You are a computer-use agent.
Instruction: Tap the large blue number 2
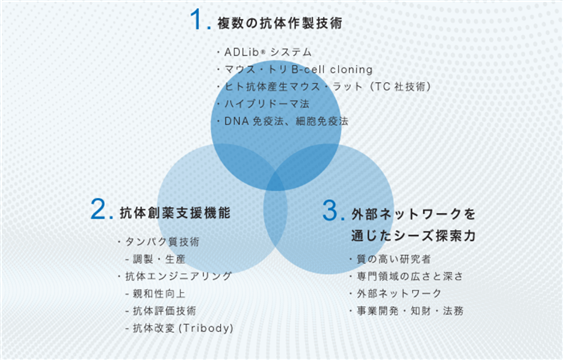point(97,209)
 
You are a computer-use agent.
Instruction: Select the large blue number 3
point(330,210)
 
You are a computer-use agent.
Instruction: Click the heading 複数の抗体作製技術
point(280,23)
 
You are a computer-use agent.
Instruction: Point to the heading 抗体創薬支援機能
point(175,213)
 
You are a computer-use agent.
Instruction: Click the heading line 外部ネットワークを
point(414,214)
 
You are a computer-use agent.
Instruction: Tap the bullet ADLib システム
point(267,52)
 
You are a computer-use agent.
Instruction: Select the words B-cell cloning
point(332,69)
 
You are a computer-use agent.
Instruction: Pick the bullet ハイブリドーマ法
point(267,104)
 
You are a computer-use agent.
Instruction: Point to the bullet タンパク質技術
point(162,242)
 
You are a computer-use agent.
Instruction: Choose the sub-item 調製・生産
point(159,259)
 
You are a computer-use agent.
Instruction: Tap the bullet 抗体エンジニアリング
point(178,276)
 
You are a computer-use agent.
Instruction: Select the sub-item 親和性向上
point(159,294)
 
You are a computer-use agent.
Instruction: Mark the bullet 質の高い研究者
point(394,259)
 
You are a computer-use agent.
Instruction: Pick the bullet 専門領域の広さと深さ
point(410,276)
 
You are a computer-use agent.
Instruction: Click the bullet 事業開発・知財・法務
point(410,311)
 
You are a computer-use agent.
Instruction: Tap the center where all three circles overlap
point(275,179)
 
